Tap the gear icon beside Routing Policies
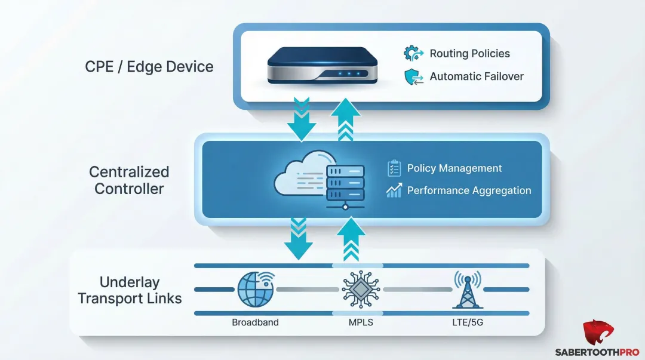point(413,54)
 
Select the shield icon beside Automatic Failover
point(413,77)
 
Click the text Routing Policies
point(469,54)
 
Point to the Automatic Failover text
point(477,76)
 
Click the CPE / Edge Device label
point(149,66)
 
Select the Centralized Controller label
point(129,180)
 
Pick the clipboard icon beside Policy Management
point(394,168)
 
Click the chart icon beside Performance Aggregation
point(394,190)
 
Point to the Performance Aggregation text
point(469,190)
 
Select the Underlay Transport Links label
point(130,290)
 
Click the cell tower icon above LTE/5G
point(467,290)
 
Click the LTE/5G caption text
point(468,322)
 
